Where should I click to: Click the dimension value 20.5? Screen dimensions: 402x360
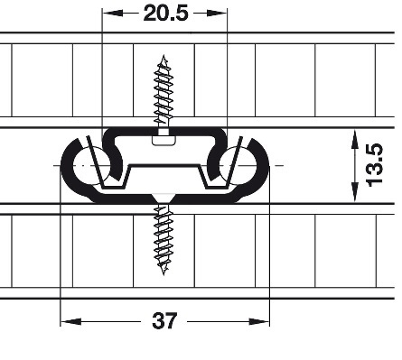tap(166, 14)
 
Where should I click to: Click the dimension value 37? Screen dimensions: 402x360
tap(164, 321)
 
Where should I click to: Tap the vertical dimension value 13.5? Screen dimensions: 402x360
tap(374, 165)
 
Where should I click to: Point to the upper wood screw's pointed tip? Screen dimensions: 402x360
tap(164, 55)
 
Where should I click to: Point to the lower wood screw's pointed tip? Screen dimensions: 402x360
tap(164, 274)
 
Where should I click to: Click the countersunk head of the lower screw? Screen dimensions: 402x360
tap(164, 198)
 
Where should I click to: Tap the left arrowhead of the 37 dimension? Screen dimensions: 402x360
tap(70, 321)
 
